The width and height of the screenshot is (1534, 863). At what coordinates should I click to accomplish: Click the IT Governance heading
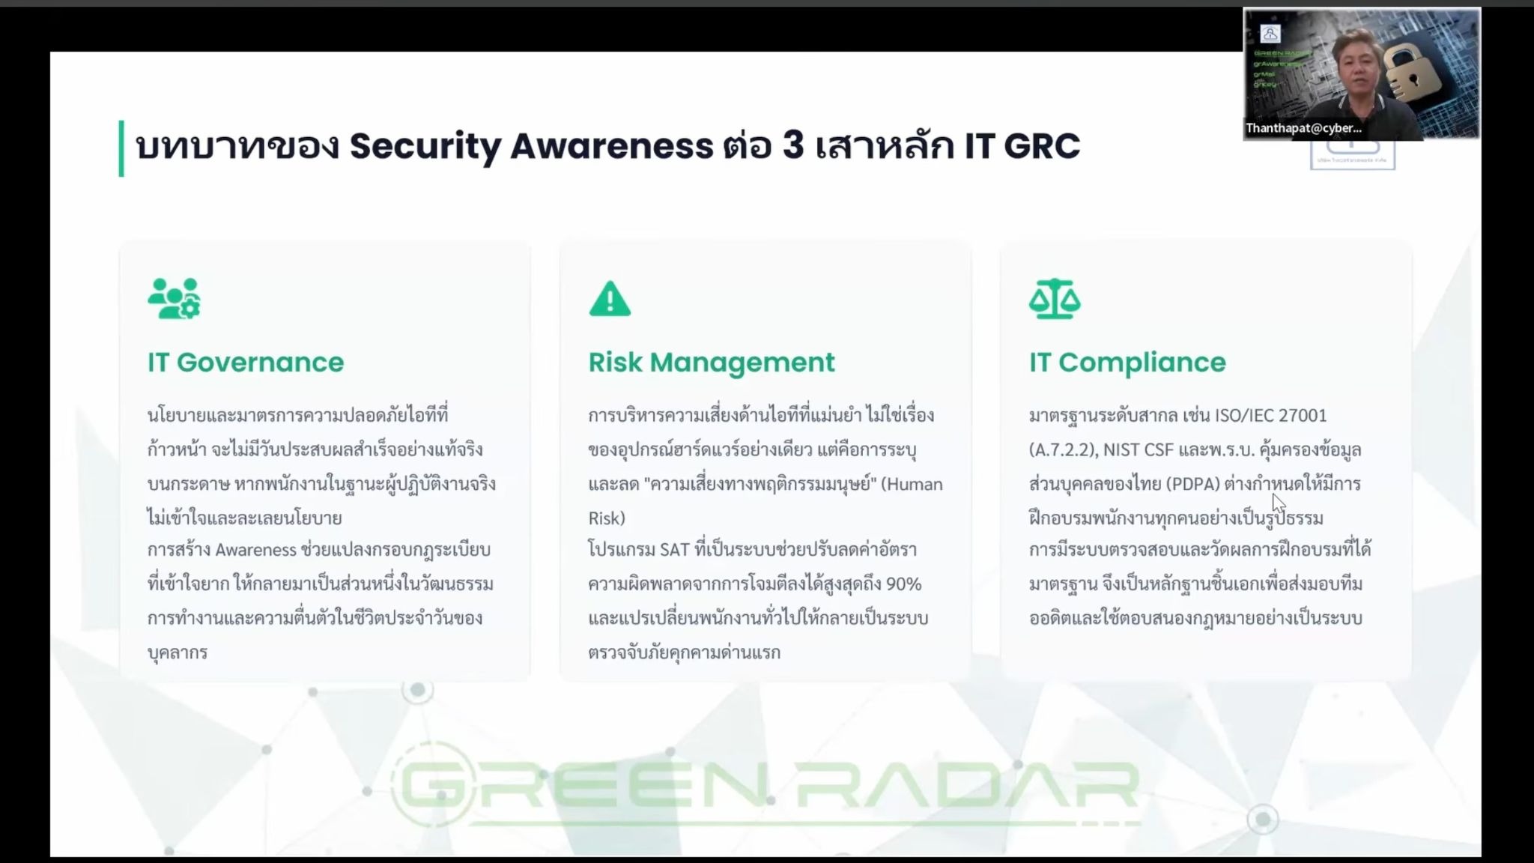point(246,363)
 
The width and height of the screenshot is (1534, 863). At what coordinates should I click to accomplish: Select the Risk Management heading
point(711,363)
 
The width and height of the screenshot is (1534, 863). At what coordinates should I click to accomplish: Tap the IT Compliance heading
point(1127,363)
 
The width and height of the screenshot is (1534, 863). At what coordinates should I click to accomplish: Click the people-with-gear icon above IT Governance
point(175,298)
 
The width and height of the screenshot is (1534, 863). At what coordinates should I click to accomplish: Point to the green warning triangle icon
point(610,298)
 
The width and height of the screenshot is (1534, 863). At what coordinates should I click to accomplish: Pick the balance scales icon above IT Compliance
point(1055,298)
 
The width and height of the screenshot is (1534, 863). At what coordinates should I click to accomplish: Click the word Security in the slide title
point(425,147)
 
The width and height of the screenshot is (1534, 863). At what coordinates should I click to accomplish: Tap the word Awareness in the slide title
point(612,146)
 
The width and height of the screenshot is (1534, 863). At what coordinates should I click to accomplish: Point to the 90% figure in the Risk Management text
point(903,584)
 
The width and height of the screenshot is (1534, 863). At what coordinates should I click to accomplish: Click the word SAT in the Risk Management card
point(674,551)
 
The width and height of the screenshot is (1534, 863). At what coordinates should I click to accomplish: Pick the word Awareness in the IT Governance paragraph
point(256,551)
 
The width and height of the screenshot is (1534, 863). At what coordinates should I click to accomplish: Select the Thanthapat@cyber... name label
point(1303,128)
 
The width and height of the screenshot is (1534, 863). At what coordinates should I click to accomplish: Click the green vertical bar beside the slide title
point(121,148)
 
